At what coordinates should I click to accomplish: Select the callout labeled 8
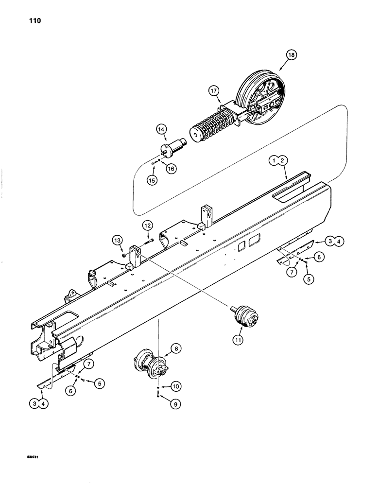(x=175, y=348)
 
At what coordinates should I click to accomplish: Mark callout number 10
(x=175, y=386)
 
